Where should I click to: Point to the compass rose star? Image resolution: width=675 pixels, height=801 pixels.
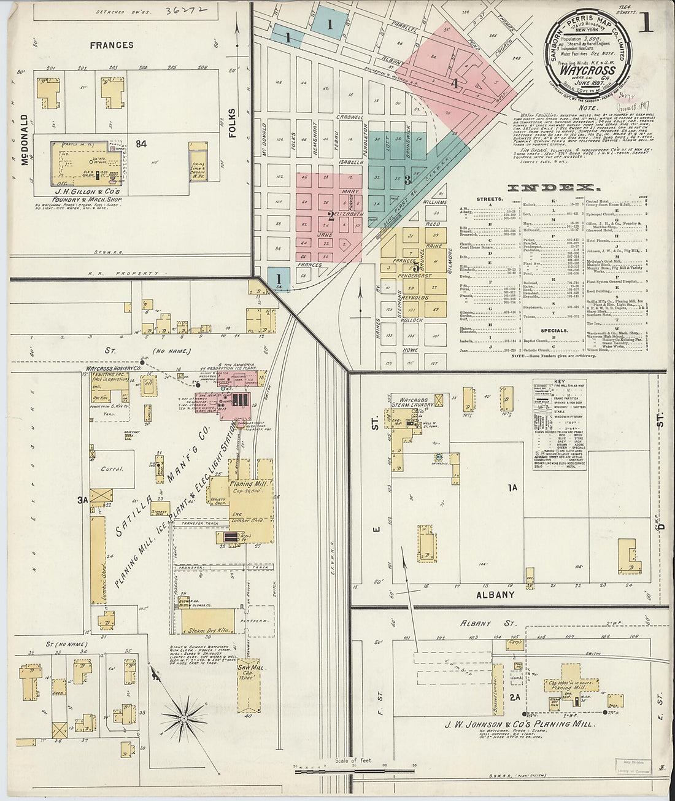[x=184, y=716]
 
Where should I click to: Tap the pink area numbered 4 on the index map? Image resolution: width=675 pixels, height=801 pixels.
[x=455, y=84]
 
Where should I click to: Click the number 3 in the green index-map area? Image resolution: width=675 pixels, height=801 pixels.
[x=407, y=180]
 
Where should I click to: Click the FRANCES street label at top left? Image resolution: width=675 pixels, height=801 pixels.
[x=111, y=45]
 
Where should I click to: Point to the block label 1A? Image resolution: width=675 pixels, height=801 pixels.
[x=513, y=488]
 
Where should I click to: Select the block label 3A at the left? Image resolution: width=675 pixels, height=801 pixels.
[x=83, y=500]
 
